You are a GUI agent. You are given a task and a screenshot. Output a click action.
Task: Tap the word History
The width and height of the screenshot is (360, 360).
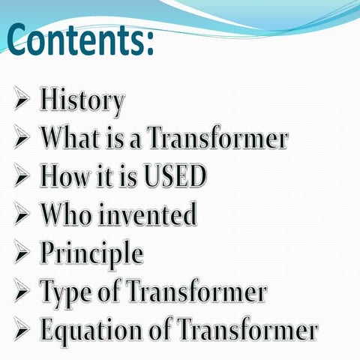point(82,100)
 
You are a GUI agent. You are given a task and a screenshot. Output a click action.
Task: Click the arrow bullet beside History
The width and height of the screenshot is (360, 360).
point(22,100)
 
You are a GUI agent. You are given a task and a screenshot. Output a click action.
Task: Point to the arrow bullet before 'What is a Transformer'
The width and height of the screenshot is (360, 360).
point(22,139)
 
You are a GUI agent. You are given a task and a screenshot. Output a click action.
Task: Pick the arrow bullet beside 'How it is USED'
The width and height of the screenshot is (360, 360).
point(22,177)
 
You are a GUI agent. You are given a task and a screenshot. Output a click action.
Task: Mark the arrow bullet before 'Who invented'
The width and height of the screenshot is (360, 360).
point(22,215)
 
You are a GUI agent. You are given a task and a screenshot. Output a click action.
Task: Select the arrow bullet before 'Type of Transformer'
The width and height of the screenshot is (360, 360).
point(22,292)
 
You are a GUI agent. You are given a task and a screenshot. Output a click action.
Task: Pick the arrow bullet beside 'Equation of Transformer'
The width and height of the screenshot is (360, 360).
point(22,330)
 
